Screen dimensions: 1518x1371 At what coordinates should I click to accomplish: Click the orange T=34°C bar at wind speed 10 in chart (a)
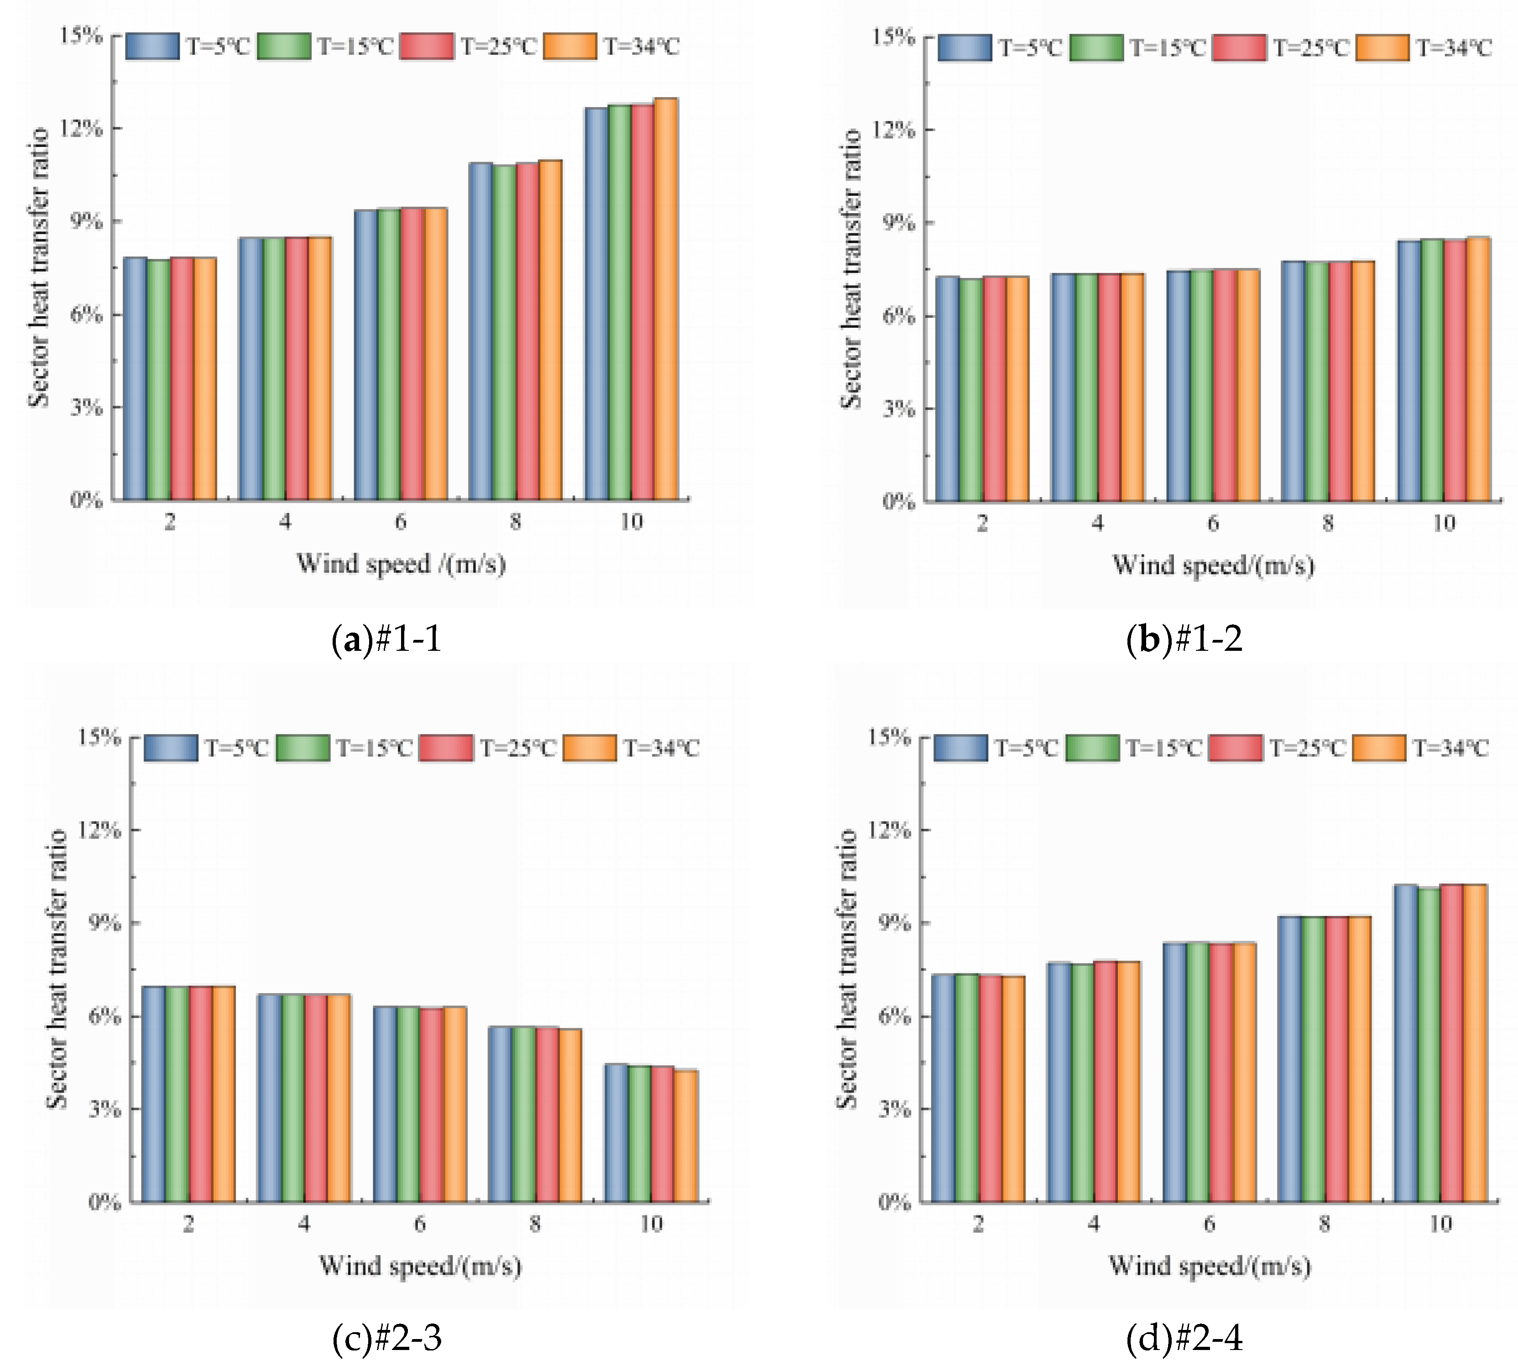[666, 299]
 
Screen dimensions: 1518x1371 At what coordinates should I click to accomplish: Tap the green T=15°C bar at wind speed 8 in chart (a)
[504, 332]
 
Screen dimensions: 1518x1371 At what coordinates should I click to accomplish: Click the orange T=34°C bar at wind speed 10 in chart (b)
[1479, 369]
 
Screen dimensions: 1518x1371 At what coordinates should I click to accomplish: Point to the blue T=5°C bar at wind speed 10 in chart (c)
[616, 1133]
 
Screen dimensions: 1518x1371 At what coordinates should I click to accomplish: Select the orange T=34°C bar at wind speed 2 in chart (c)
[224, 1094]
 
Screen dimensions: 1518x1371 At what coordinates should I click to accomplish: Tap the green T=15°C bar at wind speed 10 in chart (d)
[1429, 1045]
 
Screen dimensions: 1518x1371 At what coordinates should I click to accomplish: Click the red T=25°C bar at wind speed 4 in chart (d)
[1106, 1082]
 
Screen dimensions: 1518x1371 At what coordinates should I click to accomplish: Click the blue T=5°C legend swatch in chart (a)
[152, 46]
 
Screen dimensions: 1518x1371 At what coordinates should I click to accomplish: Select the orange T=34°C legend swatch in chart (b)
[1382, 47]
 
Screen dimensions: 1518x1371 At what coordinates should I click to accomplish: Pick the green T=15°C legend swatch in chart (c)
[303, 748]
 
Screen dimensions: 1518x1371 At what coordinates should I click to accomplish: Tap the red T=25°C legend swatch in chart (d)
[1236, 748]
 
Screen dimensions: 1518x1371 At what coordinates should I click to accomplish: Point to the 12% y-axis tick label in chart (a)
[81, 128]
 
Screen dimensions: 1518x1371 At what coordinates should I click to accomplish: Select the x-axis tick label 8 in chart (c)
[535, 1224]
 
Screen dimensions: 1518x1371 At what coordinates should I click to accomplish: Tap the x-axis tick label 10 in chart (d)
[1440, 1224]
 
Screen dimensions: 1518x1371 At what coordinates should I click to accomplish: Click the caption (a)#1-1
[386, 639]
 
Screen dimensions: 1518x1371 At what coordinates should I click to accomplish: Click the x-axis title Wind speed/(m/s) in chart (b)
[1213, 565]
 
